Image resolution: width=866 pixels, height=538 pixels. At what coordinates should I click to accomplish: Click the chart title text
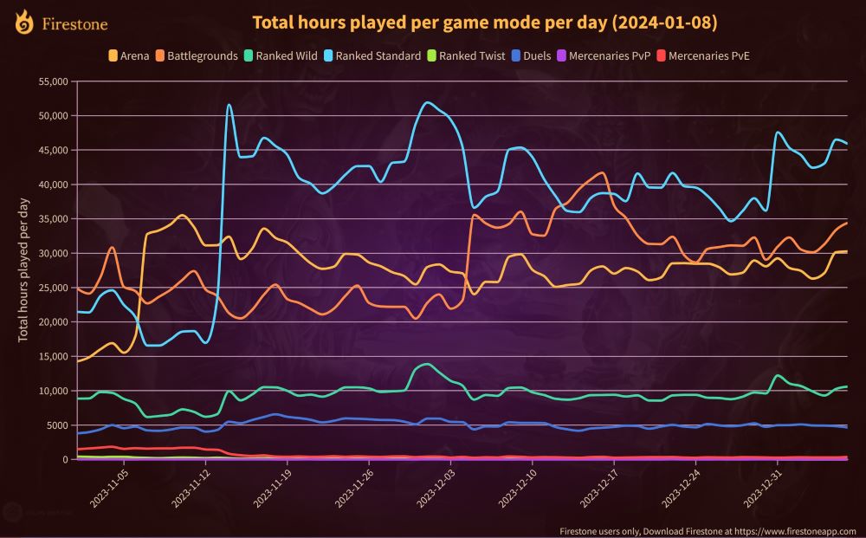[x=484, y=22]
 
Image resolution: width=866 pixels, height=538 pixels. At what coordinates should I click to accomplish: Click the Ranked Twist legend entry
[x=465, y=55]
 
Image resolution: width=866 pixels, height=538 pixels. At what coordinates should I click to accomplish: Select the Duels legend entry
[x=536, y=55]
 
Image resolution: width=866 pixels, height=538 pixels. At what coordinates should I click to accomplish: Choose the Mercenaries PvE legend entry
[x=702, y=55]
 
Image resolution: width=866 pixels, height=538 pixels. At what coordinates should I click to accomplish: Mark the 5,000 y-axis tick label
[x=56, y=425]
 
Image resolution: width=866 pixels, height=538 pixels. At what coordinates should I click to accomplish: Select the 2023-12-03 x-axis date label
[x=434, y=489]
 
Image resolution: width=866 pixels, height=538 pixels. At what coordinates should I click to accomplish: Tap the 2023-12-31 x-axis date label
[x=761, y=489]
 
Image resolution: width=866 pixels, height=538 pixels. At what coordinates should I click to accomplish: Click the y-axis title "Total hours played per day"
[x=23, y=269]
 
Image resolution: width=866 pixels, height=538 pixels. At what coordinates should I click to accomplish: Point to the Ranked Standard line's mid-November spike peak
[x=229, y=105]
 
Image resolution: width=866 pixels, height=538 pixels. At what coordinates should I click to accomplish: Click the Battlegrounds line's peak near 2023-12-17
[x=603, y=173]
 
